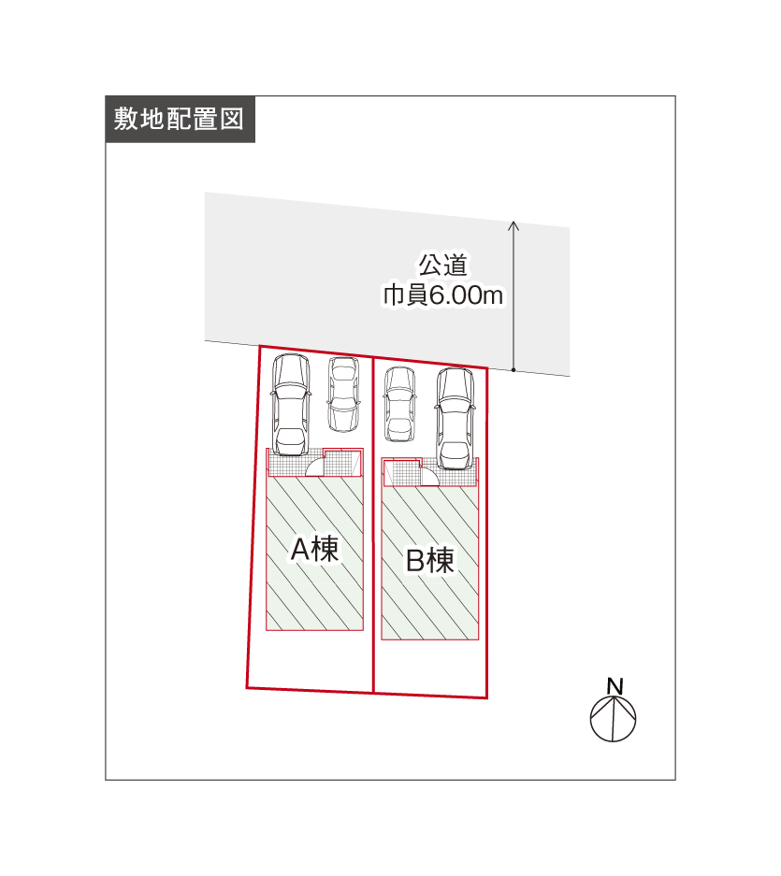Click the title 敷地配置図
[179, 119]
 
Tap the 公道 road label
[442, 265]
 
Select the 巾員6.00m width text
[442, 295]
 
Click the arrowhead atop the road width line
[513, 225]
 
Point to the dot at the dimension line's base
[513, 370]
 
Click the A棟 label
[315, 549]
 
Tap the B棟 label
[429, 560]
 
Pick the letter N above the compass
[615, 686]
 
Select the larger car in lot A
[290, 405]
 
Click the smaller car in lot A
[343, 395]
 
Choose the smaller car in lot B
[399, 404]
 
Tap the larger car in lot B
[456, 418]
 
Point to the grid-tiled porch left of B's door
[402, 473]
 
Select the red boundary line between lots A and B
[373, 524]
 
